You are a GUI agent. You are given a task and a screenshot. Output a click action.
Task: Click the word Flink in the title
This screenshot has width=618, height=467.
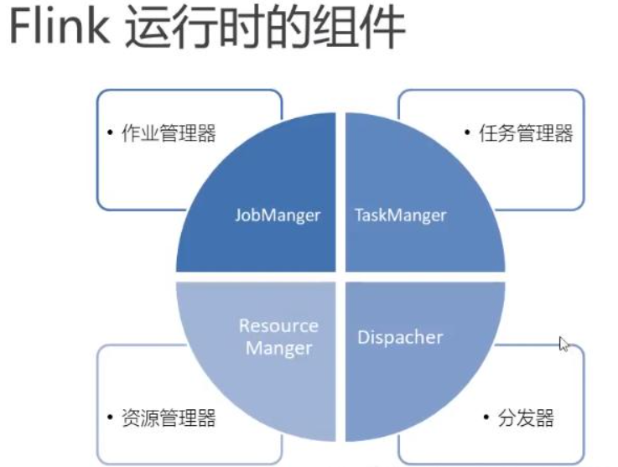click(x=60, y=26)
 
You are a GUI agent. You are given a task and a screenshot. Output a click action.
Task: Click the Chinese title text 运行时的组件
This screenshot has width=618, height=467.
click(x=265, y=27)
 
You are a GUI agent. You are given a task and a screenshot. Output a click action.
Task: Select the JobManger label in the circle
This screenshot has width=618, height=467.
click(x=278, y=215)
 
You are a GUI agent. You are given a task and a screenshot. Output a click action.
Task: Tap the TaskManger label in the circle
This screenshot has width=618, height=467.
click(x=401, y=215)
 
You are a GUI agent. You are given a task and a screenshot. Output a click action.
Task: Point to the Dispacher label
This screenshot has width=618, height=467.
click(x=400, y=337)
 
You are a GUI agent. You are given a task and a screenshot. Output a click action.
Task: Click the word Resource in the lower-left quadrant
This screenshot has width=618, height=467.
click(x=278, y=326)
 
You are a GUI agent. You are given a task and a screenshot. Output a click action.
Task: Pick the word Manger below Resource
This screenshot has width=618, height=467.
click(x=279, y=349)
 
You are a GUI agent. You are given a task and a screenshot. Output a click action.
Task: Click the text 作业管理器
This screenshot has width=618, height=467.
click(x=169, y=132)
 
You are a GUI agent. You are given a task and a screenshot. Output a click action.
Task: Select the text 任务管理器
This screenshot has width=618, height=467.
click(x=526, y=132)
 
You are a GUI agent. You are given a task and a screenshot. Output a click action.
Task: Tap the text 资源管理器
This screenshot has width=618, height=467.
click(x=169, y=418)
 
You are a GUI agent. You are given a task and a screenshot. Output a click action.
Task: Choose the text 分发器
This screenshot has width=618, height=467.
click(x=526, y=418)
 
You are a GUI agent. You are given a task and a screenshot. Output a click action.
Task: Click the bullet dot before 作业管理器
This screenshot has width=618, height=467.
click(x=110, y=132)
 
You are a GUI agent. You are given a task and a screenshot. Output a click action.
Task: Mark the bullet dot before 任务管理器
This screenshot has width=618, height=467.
click(x=467, y=132)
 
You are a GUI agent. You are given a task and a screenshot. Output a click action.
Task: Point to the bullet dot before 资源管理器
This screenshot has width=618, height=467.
click(x=110, y=417)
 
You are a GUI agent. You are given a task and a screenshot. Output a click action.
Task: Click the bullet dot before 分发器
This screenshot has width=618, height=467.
click(x=486, y=417)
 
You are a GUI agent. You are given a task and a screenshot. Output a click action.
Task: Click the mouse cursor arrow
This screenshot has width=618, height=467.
click(x=563, y=344)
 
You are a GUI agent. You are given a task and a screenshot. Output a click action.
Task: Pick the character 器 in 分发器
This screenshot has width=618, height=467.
click(x=545, y=418)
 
